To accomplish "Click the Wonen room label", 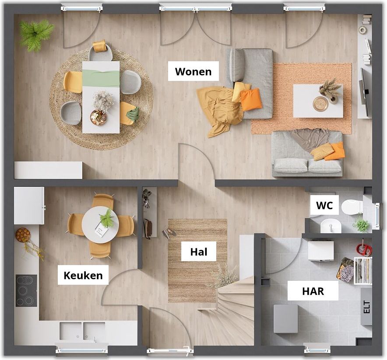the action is pos(193,71).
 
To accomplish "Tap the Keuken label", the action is pos(83,275).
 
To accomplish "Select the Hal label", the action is pos(199,252).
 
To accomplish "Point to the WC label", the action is pos(324,205).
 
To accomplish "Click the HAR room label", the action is pos(313,291).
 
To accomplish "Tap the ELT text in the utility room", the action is pos(367,307).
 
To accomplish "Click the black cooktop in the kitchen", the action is pos(26,291).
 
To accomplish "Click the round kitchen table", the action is pos(100,225).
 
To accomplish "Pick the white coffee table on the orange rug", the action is pos(318,101).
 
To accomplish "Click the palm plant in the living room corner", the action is pos(36,35).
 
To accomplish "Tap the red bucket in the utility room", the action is pos(364,249).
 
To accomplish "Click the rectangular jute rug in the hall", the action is pos(197,260).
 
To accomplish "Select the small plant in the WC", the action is pos(362,224).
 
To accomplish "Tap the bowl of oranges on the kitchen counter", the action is pos(23,235).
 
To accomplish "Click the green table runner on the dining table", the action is pos(101,78).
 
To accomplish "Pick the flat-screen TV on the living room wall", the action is pos(365,92).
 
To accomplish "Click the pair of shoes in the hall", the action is pos(169,233).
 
